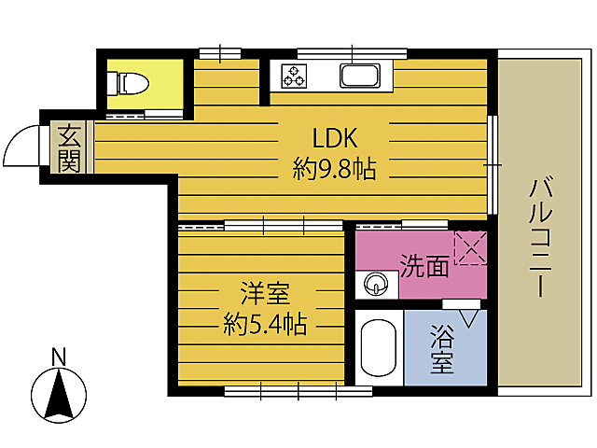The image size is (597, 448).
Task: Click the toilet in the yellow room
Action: (x=129, y=84)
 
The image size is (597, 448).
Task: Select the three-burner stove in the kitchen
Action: (x=293, y=77)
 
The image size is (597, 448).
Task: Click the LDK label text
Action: (x=335, y=139)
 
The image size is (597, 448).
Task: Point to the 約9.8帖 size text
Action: (x=334, y=170)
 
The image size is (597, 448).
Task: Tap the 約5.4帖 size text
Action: (x=265, y=325)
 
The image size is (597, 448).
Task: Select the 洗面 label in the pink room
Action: (x=423, y=266)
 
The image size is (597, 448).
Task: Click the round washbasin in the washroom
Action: (x=376, y=283)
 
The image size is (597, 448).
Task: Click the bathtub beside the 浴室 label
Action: (x=378, y=351)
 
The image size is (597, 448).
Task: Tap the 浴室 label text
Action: (x=443, y=349)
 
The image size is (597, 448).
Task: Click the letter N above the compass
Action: (x=59, y=356)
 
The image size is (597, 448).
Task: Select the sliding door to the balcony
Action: (x=493, y=164)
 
